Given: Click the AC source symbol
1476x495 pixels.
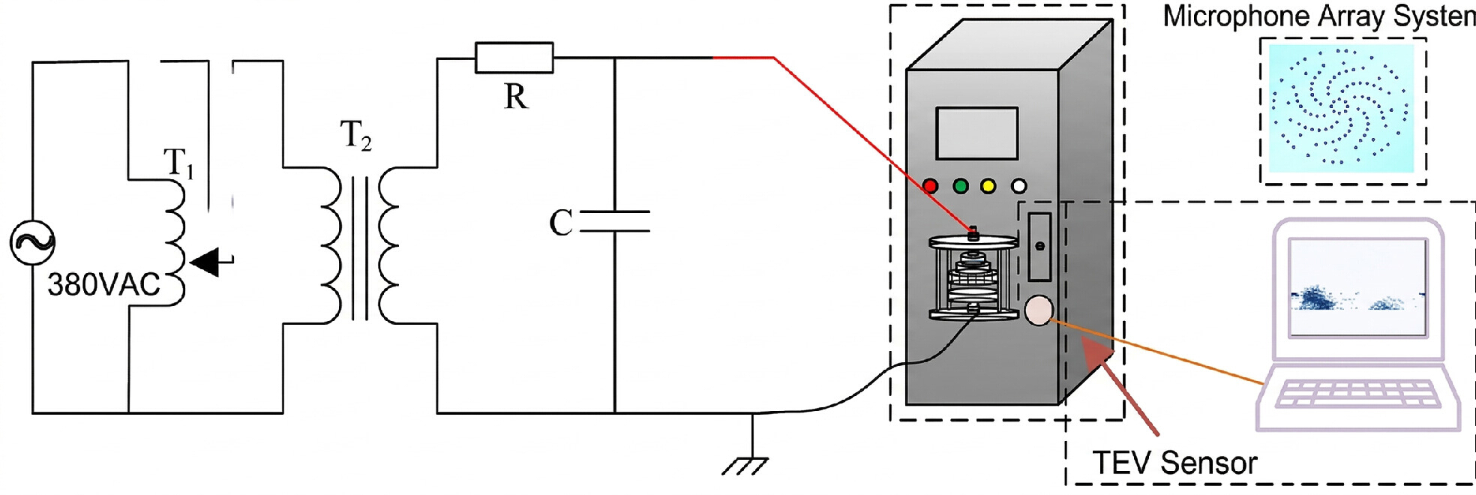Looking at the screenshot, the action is pyautogui.click(x=32, y=242).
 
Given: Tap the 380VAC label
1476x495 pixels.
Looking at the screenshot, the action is pyautogui.click(x=104, y=285).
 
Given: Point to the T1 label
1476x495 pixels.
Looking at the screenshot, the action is pyautogui.click(x=178, y=163).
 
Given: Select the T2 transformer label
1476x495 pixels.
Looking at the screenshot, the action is pyautogui.click(x=355, y=136).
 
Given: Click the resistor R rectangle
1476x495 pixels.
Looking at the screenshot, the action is pyautogui.click(x=514, y=58).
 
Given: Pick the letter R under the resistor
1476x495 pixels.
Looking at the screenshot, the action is pyautogui.click(x=516, y=97).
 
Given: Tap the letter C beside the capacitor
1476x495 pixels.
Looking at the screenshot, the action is pyautogui.click(x=561, y=223).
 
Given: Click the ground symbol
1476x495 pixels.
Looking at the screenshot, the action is pyautogui.click(x=745, y=466).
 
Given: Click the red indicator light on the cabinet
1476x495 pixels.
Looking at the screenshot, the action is pyautogui.click(x=931, y=186).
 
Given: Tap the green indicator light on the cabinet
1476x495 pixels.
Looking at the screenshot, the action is pyautogui.click(x=960, y=186).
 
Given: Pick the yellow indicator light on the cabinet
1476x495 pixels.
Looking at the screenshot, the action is pyautogui.click(x=988, y=186).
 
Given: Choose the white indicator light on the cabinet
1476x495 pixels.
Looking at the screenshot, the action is pyautogui.click(x=1018, y=186).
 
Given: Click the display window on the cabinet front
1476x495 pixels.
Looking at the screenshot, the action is pyautogui.click(x=977, y=133).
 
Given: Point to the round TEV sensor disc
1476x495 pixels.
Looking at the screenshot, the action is pyautogui.click(x=1039, y=310).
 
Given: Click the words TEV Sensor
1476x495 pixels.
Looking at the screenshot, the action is pyautogui.click(x=1174, y=463).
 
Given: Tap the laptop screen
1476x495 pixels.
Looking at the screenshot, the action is pyautogui.click(x=1357, y=287).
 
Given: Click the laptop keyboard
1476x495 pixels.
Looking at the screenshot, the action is pyautogui.click(x=1357, y=393).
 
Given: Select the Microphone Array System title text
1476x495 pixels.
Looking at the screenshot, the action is pyautogui.click(x=1319, y=16).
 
